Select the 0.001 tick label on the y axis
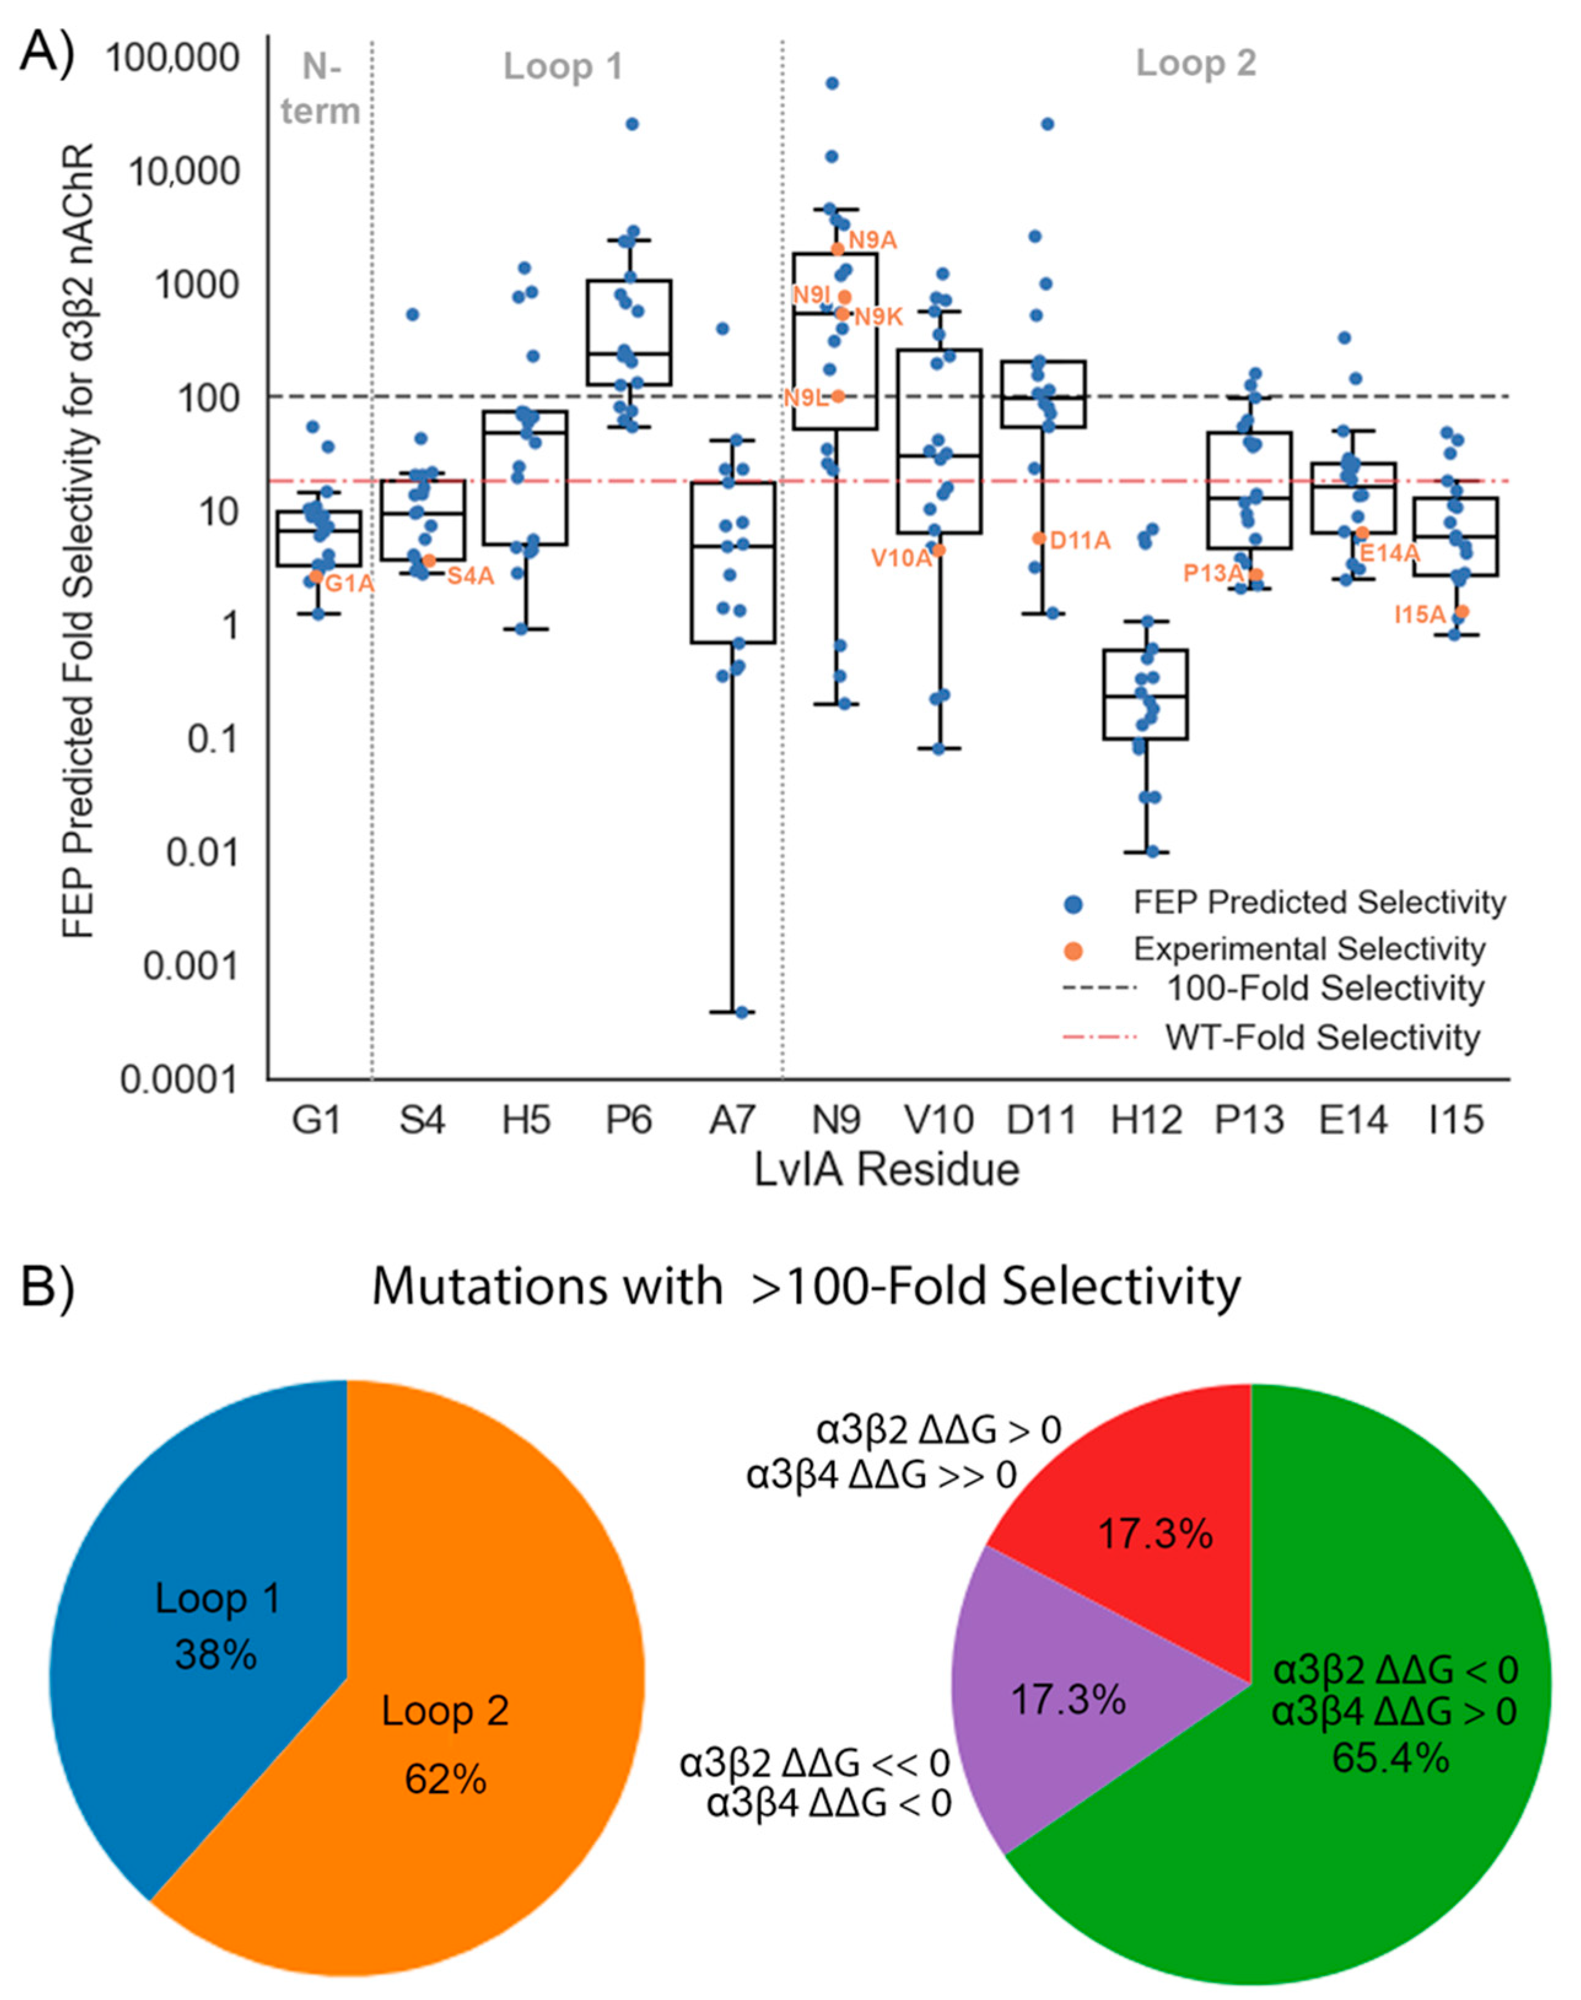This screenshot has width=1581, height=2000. [190, 966]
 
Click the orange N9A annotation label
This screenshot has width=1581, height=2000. [873, 240]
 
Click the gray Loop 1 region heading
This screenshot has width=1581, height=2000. [563, 67]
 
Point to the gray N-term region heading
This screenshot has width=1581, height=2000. [320, 89]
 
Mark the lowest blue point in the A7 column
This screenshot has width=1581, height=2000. [741, 1013]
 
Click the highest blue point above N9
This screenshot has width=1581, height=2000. [832, 83]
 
